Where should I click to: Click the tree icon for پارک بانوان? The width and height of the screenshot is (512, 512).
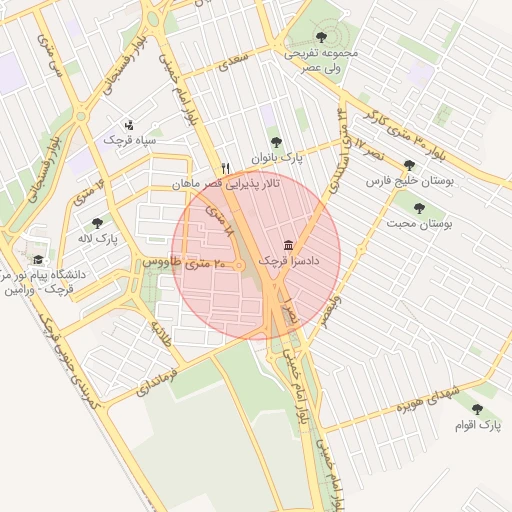(x=275, y=142)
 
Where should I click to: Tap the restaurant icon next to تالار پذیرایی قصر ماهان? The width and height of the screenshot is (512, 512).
(x=226, y=169)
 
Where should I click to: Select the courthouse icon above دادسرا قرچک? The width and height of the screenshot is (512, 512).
(x=289, y=245)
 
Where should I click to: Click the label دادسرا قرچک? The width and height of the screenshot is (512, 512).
(x=289, y=260)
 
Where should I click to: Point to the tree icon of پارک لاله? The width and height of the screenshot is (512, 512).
(x=97, y=224)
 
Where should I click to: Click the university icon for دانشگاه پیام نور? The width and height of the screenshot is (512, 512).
(x=39, y=259)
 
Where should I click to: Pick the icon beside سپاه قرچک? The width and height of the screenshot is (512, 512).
(x=129, y=125)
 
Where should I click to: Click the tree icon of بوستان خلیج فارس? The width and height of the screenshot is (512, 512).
(x=409, y=166)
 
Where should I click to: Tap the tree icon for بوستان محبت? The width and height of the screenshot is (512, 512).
(x=419, y=208)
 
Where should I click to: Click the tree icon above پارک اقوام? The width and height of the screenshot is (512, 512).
(x=476, y=410)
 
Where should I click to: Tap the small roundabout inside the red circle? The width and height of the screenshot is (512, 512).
(x=239, y=264)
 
